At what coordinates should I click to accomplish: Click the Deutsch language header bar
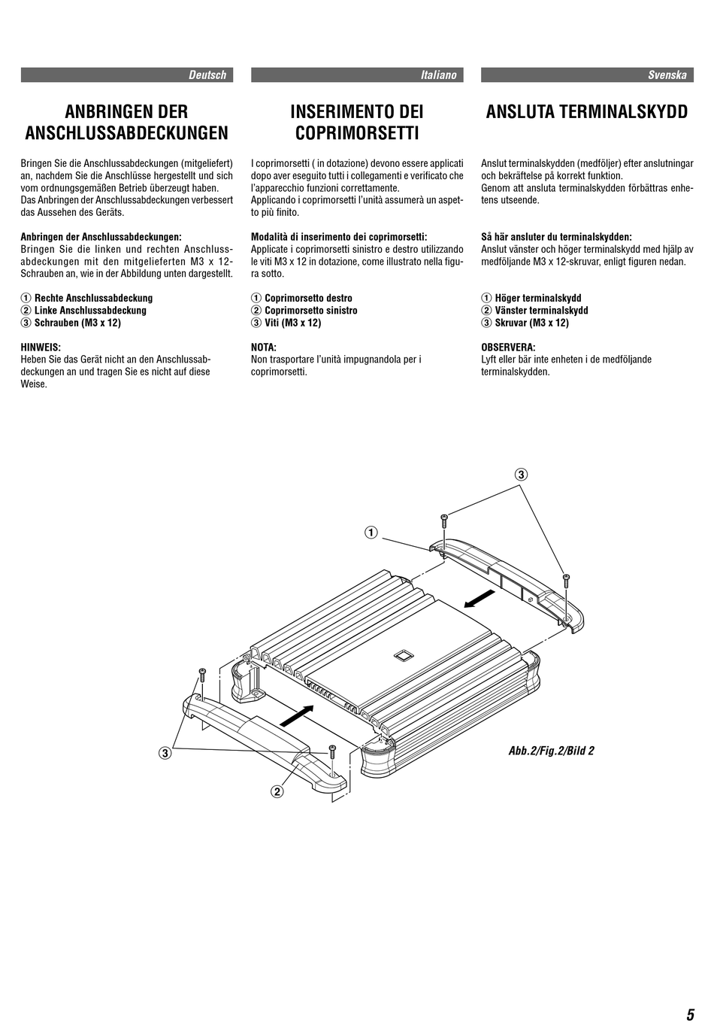[127, 75]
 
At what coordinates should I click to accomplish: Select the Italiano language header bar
[357, 75]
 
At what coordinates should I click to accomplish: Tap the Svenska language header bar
[587, 75]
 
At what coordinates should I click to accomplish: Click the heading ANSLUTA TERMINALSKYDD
[587, 112]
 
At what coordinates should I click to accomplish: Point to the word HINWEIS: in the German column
[41, 348]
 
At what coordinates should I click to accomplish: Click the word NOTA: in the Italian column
[264, 348]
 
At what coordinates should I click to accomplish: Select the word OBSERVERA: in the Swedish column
[508, 348]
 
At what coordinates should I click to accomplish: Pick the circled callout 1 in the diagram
[371, 533]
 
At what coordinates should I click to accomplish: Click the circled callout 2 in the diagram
[277, 791]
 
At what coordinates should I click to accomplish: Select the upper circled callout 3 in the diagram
[521, 475]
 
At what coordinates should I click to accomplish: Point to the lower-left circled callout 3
[164, 752]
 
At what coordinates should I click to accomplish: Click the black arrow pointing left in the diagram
[478, 599]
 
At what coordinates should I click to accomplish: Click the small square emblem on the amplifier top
[402, 654]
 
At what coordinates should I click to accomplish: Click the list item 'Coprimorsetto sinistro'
[310, 311]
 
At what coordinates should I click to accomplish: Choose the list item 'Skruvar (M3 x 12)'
[531, 323]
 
